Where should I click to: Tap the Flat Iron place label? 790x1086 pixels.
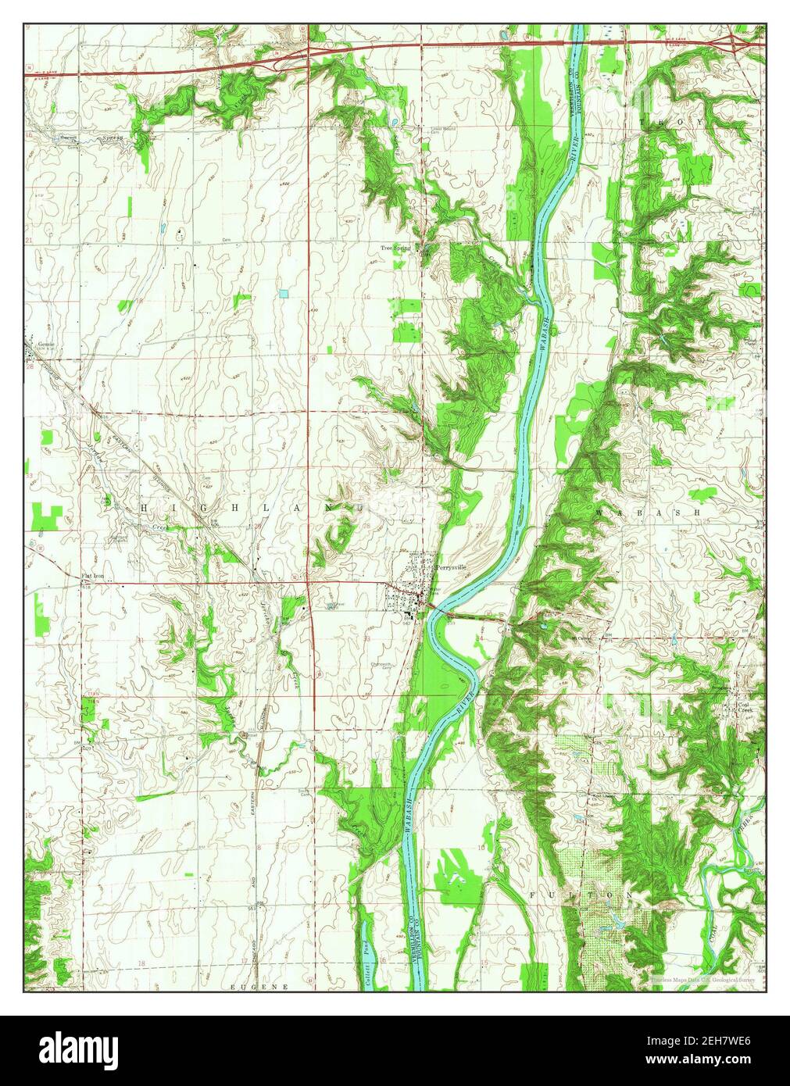(x=93, y=577)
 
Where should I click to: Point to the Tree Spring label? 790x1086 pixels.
(x=395, y=248)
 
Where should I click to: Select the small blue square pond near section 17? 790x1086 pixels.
(x=283, y=293)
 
